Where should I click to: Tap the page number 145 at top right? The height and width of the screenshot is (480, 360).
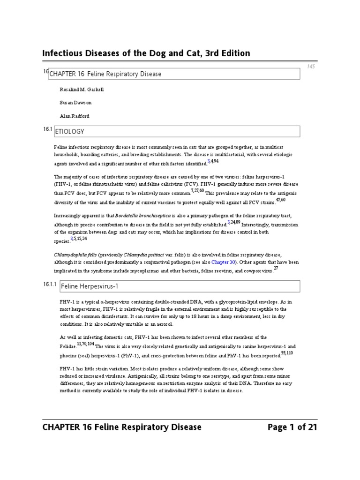311,67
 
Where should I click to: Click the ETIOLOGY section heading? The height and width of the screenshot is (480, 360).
70,132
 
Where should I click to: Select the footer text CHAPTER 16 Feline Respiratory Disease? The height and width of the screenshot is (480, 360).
122,427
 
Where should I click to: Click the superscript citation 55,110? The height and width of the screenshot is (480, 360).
286,352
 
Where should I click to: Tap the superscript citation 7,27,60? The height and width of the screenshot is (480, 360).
197,191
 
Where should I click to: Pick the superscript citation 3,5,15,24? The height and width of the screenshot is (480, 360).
78,238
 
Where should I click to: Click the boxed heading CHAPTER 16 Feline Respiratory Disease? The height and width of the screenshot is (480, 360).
105,74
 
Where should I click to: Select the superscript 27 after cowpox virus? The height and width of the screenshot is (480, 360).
276,268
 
